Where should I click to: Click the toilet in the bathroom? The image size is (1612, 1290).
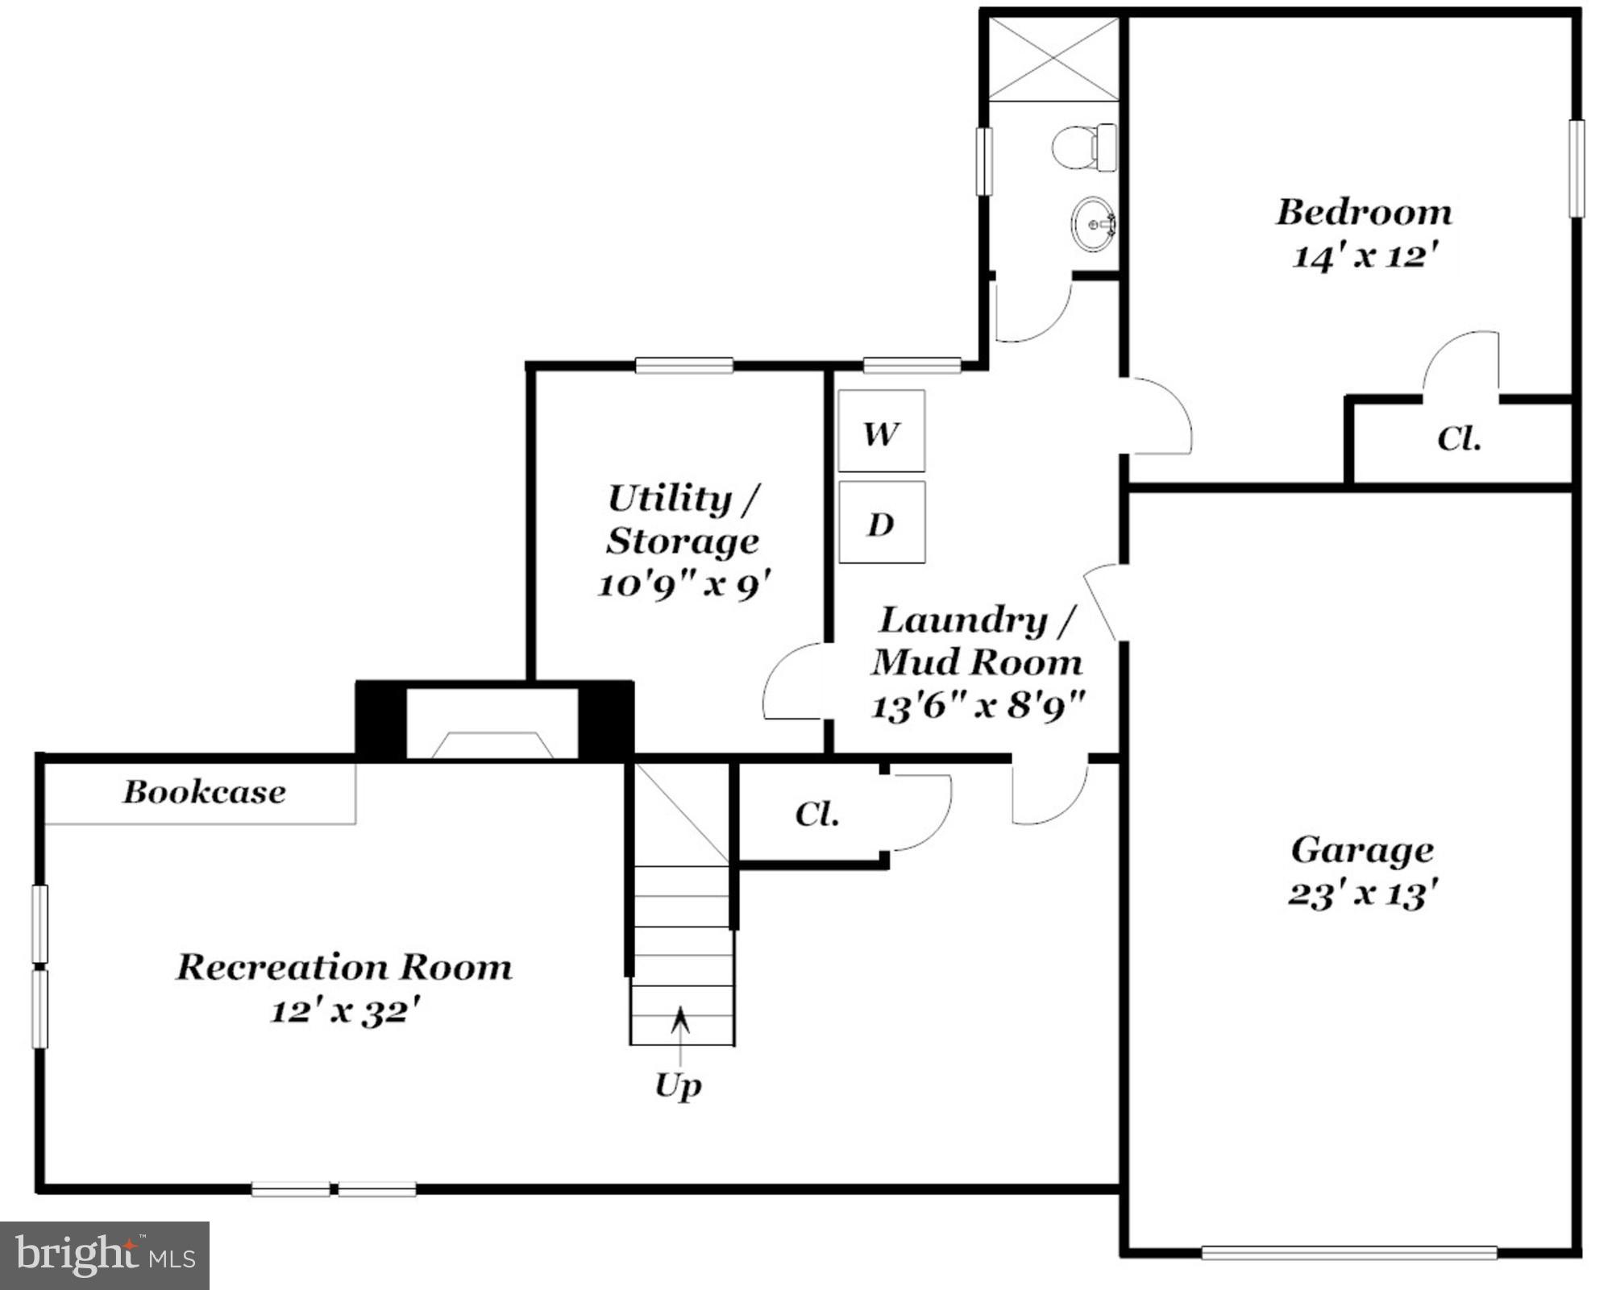coord(1084,147)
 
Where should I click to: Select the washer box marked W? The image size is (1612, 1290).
coord(881,431)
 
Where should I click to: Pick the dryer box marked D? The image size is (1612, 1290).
coord(881,523)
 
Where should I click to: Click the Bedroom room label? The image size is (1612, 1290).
coord(1363,213)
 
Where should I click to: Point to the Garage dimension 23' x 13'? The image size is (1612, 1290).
coord(1363,894)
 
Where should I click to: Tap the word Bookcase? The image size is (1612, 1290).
coord(204,792)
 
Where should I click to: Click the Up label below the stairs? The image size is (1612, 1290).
coord(678,1085)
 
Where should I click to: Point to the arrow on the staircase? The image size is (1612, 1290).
coord(681,1020)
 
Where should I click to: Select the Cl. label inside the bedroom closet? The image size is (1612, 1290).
coord(1459,439)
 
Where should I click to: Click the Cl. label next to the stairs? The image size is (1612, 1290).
coord(816,814)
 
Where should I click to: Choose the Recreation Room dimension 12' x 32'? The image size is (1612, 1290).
coord(345,1010)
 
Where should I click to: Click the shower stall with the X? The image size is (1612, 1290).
coord(1053,60)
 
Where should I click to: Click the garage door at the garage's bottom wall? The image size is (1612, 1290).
coord(1348,1253)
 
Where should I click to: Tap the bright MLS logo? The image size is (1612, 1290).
coord(105,1255)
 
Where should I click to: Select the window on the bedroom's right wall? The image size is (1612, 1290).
coord(1576,168)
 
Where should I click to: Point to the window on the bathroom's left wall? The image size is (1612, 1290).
coord(983,161)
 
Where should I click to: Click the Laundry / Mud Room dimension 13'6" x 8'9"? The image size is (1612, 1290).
coord(978,706)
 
